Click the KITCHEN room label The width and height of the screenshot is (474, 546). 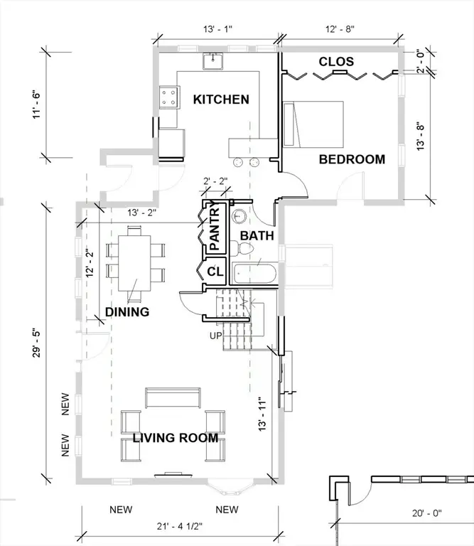(221, 100)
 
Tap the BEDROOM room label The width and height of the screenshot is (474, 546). (351, 159)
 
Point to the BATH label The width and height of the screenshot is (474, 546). (253, 235)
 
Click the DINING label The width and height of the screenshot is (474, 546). (127, 311)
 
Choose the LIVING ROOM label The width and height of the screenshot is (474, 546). (175, 438)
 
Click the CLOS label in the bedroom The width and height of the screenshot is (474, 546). (335, 62)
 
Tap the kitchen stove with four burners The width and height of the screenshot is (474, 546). (169, 96)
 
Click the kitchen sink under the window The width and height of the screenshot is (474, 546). (212, 63)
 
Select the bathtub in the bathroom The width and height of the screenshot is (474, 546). (257, 274)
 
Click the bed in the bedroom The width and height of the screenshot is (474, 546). (313, 124)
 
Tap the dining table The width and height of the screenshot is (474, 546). (136, 260)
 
